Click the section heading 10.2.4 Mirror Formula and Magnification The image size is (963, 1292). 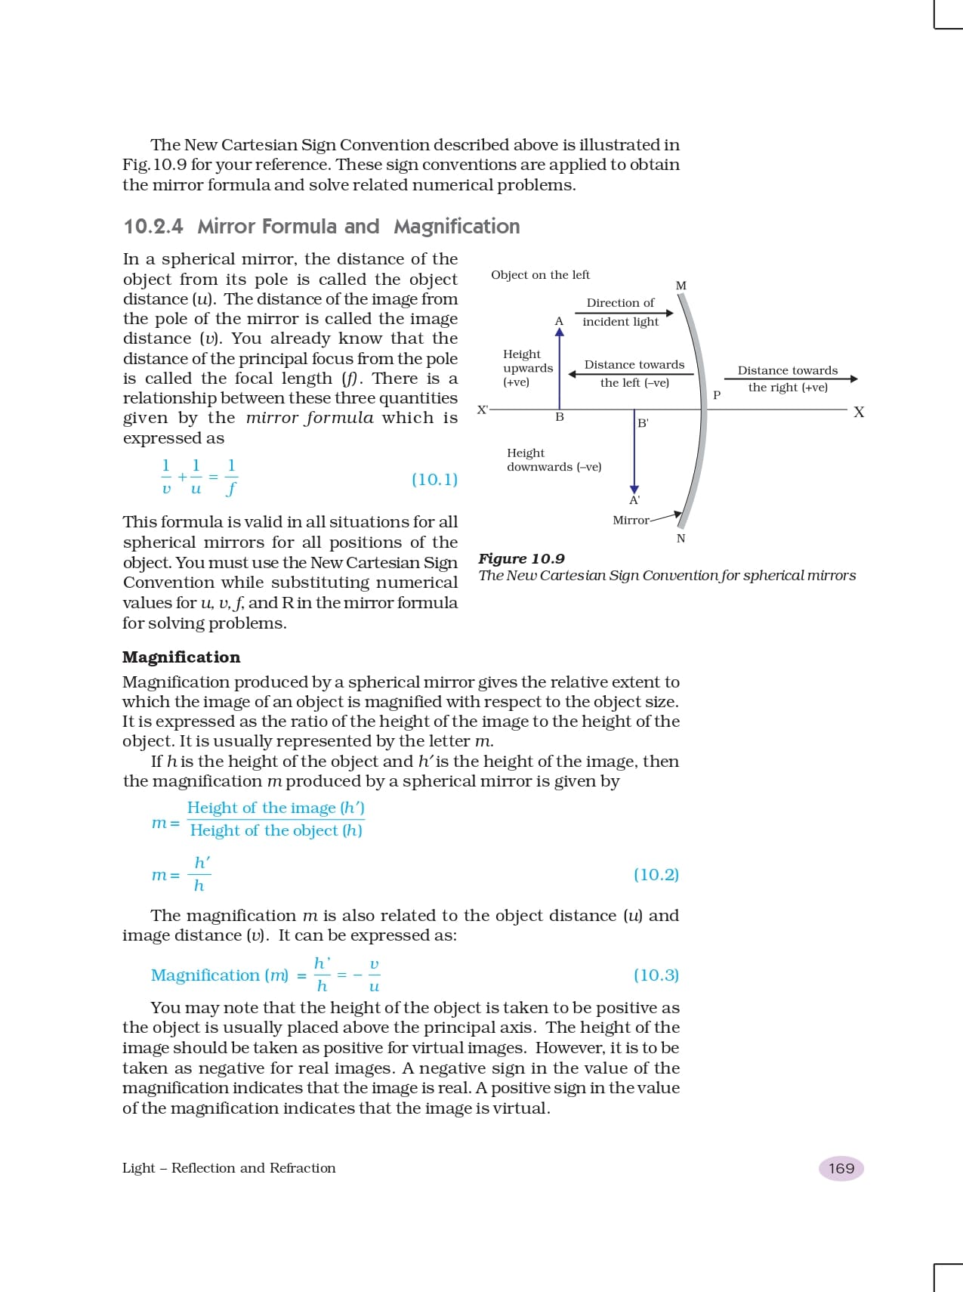321,227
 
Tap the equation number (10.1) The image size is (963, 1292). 434,479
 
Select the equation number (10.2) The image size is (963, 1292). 656,874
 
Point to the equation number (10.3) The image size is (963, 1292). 656,975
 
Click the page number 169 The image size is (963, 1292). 841,1168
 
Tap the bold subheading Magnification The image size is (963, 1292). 181,657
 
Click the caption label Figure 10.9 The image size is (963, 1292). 521,559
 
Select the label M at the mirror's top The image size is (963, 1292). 681,286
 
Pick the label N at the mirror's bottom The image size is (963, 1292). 681,539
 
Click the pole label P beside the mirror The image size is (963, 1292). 717,395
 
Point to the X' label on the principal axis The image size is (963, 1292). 483,410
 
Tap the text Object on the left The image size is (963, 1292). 540,275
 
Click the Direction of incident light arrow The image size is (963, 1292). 624,313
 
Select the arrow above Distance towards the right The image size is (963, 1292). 791,379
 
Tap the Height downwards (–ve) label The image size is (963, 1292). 554,460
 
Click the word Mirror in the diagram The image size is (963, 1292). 631,521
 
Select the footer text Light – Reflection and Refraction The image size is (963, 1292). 229,1168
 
